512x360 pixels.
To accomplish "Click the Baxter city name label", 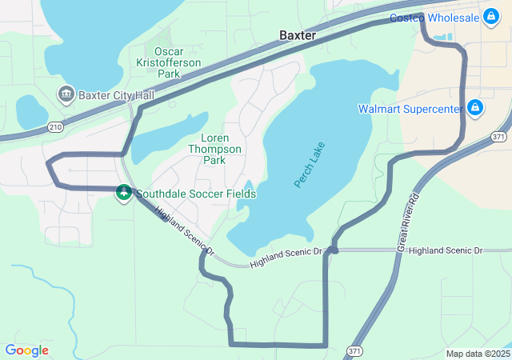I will (298, 36).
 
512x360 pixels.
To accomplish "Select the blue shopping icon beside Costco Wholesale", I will (490, 16).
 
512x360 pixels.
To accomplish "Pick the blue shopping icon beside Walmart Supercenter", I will (475, 107).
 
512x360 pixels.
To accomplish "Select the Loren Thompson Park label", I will (214, 149).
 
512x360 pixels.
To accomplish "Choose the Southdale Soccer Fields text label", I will (196, 194).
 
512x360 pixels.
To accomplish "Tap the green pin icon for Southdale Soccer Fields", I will (124, 193).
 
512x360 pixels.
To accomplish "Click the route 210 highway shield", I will (55, 126).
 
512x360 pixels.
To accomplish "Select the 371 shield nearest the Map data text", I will (354, 350).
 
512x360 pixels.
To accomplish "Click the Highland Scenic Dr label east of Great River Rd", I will (446, 250).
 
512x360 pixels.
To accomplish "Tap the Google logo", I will (26, 350).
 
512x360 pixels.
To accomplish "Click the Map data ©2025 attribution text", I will (477, 354).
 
